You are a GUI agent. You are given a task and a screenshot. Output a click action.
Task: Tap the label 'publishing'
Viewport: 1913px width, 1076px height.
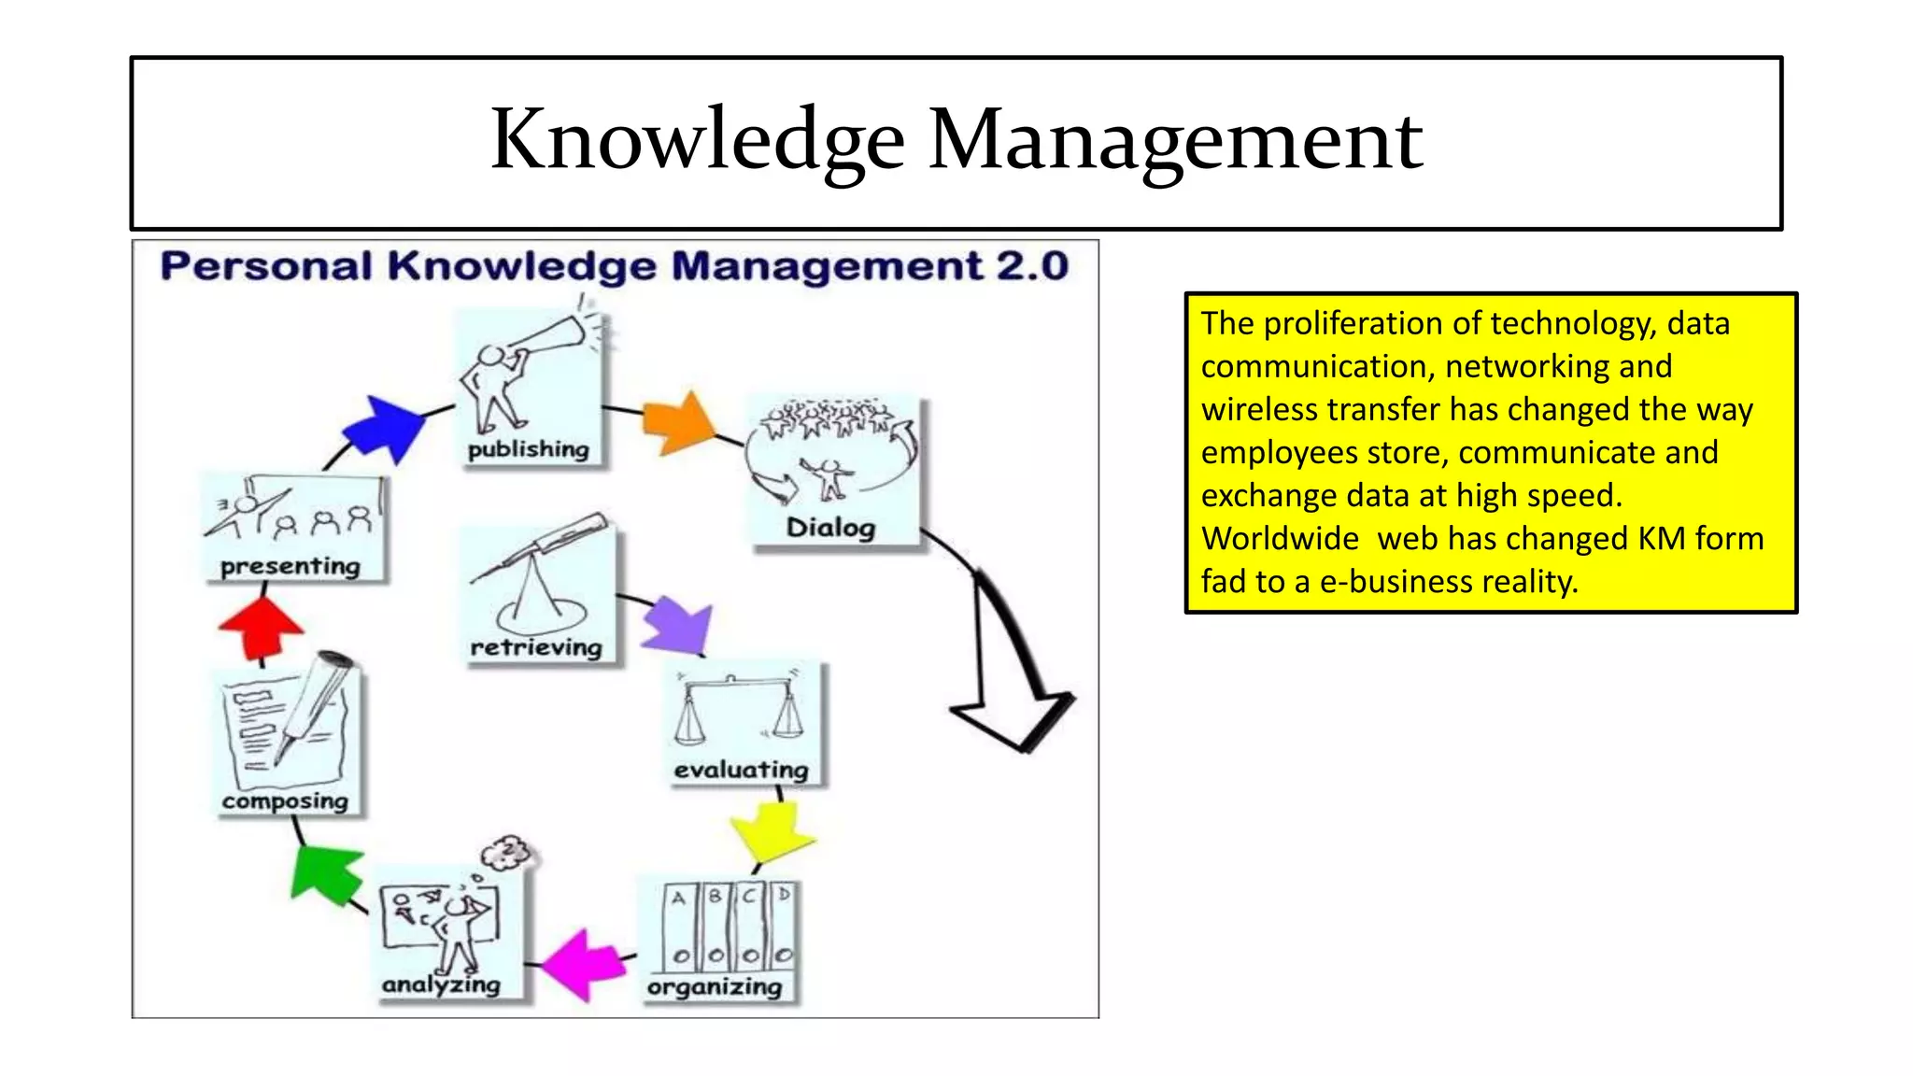pyautogui.click(x=529, y=449)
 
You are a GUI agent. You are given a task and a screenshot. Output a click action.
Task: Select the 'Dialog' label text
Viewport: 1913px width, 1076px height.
pyautogui.click(x=830, y=528)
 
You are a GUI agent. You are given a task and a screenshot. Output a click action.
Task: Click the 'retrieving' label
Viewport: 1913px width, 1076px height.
pyautogui.click(x=536, y=647)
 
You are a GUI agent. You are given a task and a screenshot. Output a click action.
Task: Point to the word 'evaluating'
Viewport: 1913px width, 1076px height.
pyautogui.click(x=741, y=770)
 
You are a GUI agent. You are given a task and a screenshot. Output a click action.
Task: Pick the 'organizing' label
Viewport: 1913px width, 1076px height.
pyautogui.click(x=715, y=987)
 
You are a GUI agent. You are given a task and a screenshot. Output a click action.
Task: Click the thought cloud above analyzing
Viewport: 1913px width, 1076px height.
pyautogui.click(x=507, y=852)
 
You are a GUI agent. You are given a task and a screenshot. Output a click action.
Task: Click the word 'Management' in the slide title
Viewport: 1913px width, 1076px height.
pyautogui.click(x=1175, y=139)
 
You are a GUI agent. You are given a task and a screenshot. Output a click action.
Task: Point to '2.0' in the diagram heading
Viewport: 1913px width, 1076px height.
pyautogui.click(x=1031, y=266)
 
